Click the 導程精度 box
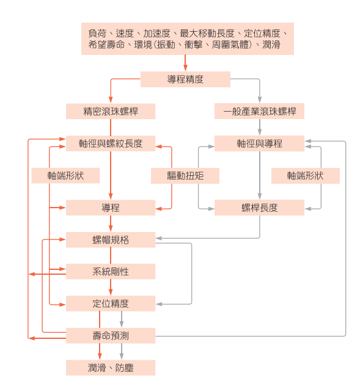coord(185,79)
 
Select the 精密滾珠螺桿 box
coord(111,111)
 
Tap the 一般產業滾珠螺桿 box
coord(259,111)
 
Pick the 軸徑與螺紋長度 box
coord(111,143)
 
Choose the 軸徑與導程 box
coord(259,143)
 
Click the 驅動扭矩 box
coord(185,176)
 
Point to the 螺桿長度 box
coord(259,208)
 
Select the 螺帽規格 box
coord(111,240)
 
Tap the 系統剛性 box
coord(111,272)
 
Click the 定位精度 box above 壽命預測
coord(111,303)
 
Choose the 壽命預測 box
coord(111,335)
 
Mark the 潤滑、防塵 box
coord(111,368)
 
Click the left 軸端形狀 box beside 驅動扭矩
coord(65,175)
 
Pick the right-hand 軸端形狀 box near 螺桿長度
coord(306,176)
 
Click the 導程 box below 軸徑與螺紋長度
coord(111,208)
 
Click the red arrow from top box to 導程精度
coord(185,63)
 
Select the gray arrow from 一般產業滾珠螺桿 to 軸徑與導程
coord(260,127)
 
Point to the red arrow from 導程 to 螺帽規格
coord(111,223)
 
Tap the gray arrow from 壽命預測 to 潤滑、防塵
coord(122,352)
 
